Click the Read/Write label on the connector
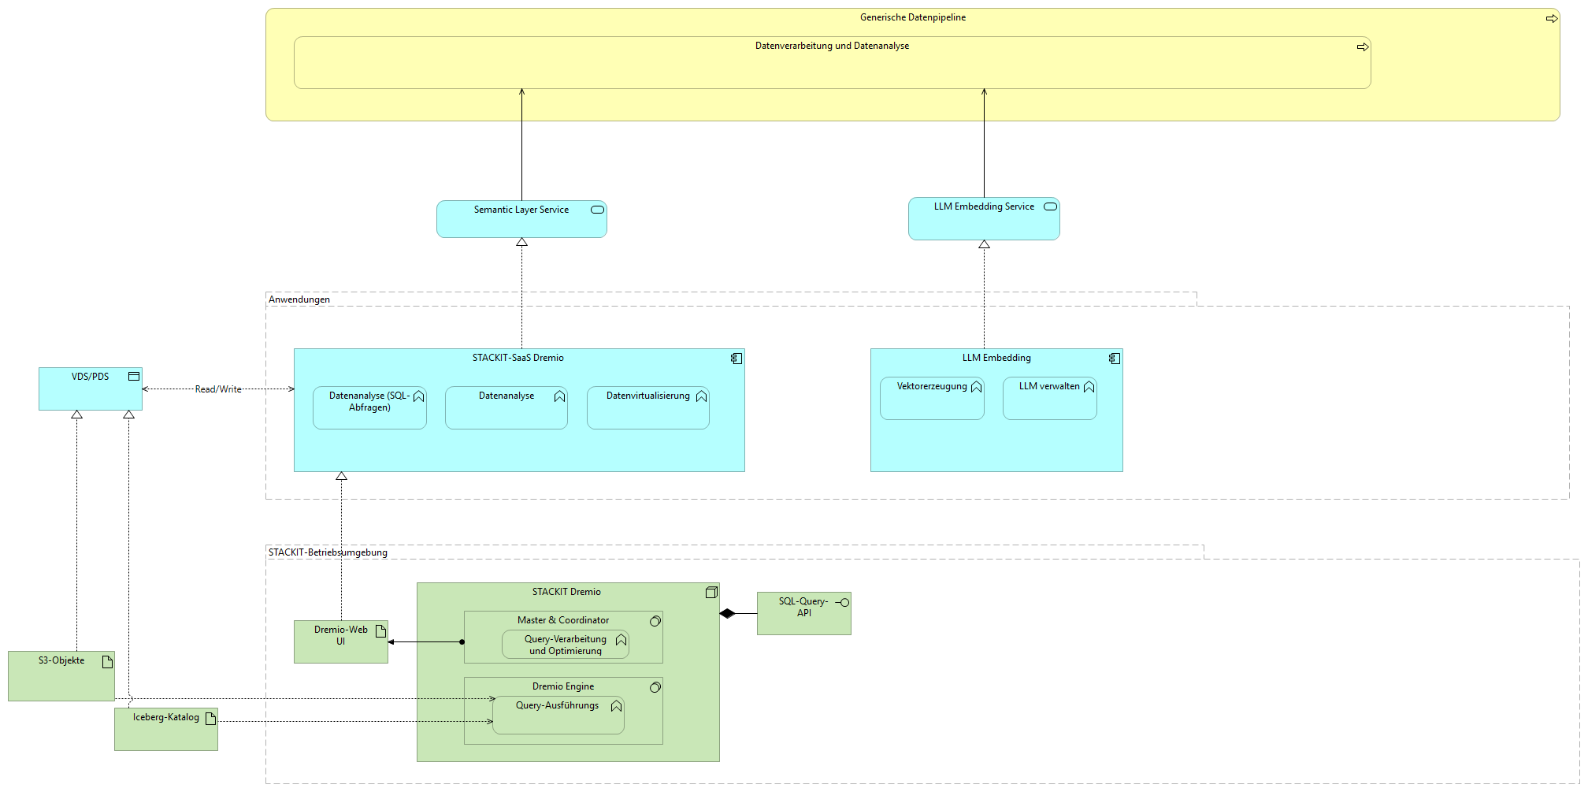click(218, 389)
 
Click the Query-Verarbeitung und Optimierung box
click(565, 645)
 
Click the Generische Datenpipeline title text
click(912, 17)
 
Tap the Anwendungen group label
click(299, 299)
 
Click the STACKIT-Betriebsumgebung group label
click(328, 552)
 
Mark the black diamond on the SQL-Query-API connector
click(727, 613)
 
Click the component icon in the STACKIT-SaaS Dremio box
click(736, 359)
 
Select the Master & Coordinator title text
click(562, 620)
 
